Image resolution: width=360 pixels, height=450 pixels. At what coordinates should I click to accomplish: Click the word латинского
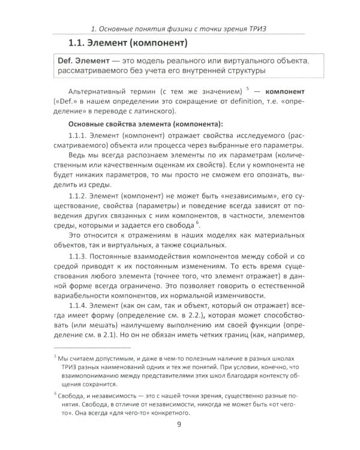pos(153,111)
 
